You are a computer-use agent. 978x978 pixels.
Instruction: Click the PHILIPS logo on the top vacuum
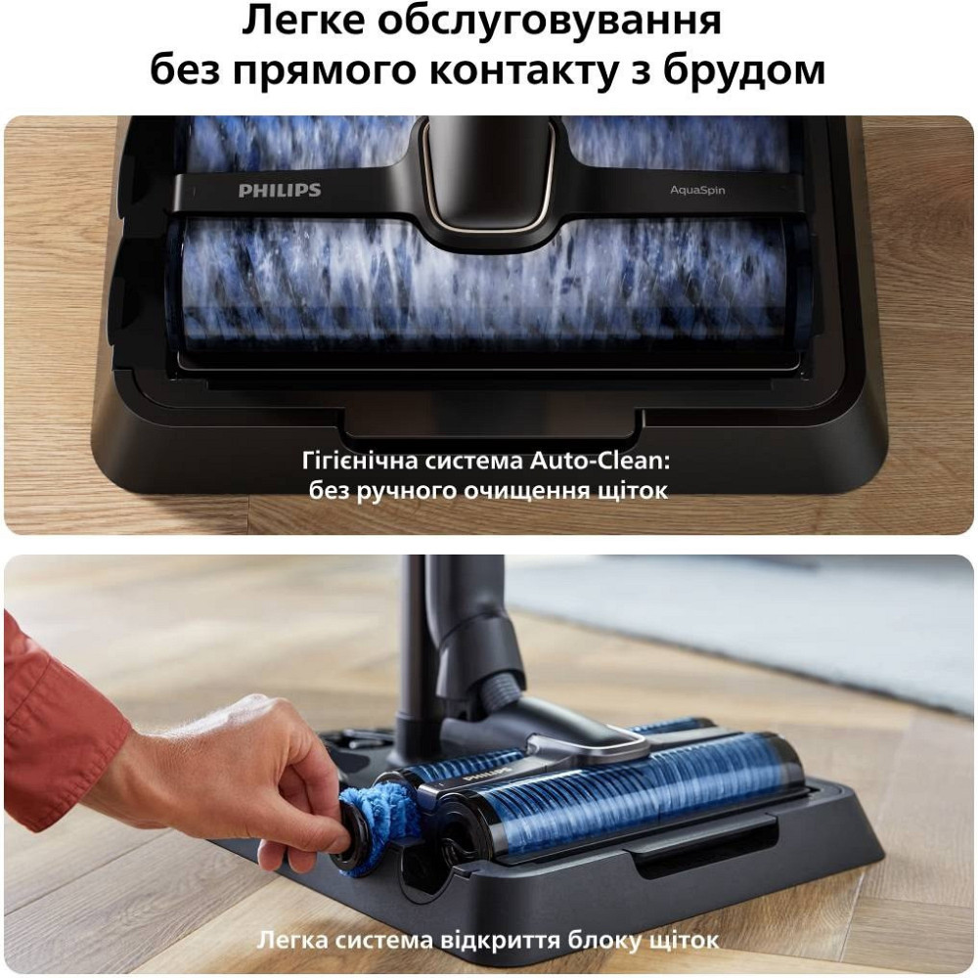point(280,190)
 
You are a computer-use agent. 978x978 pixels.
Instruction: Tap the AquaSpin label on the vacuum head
point(698,191)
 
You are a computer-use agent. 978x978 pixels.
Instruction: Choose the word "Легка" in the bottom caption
point(290,941)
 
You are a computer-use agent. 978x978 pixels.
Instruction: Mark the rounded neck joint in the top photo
point(486,176)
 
